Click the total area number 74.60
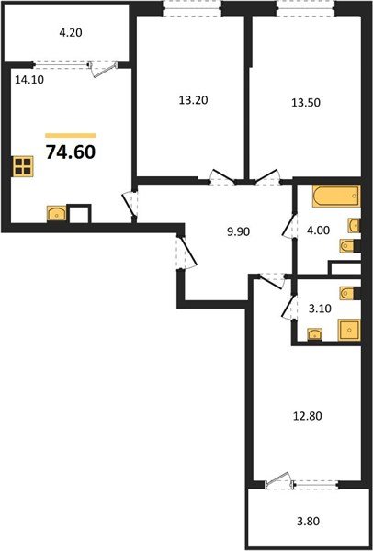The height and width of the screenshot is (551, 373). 71,152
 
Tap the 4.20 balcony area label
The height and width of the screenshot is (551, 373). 71,33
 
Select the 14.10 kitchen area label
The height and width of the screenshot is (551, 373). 29,80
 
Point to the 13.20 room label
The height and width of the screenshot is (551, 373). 193,100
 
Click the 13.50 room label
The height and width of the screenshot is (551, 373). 306,103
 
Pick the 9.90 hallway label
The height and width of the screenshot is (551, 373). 238,232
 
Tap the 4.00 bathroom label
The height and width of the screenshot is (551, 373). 318,231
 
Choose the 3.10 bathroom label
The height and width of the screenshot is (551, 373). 320,309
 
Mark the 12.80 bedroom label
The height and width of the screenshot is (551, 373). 308,416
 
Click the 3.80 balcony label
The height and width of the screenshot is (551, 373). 308,521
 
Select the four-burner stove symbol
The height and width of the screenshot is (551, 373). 23,166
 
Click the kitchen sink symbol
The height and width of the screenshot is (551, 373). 57,213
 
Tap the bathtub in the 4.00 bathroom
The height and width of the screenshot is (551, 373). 336,197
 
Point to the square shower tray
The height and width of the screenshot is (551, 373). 349,330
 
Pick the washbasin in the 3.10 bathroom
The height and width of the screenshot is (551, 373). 314,334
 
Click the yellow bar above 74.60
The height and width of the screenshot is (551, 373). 71,135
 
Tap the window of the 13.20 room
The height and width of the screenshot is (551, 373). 192,8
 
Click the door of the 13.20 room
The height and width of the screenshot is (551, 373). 222,177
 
